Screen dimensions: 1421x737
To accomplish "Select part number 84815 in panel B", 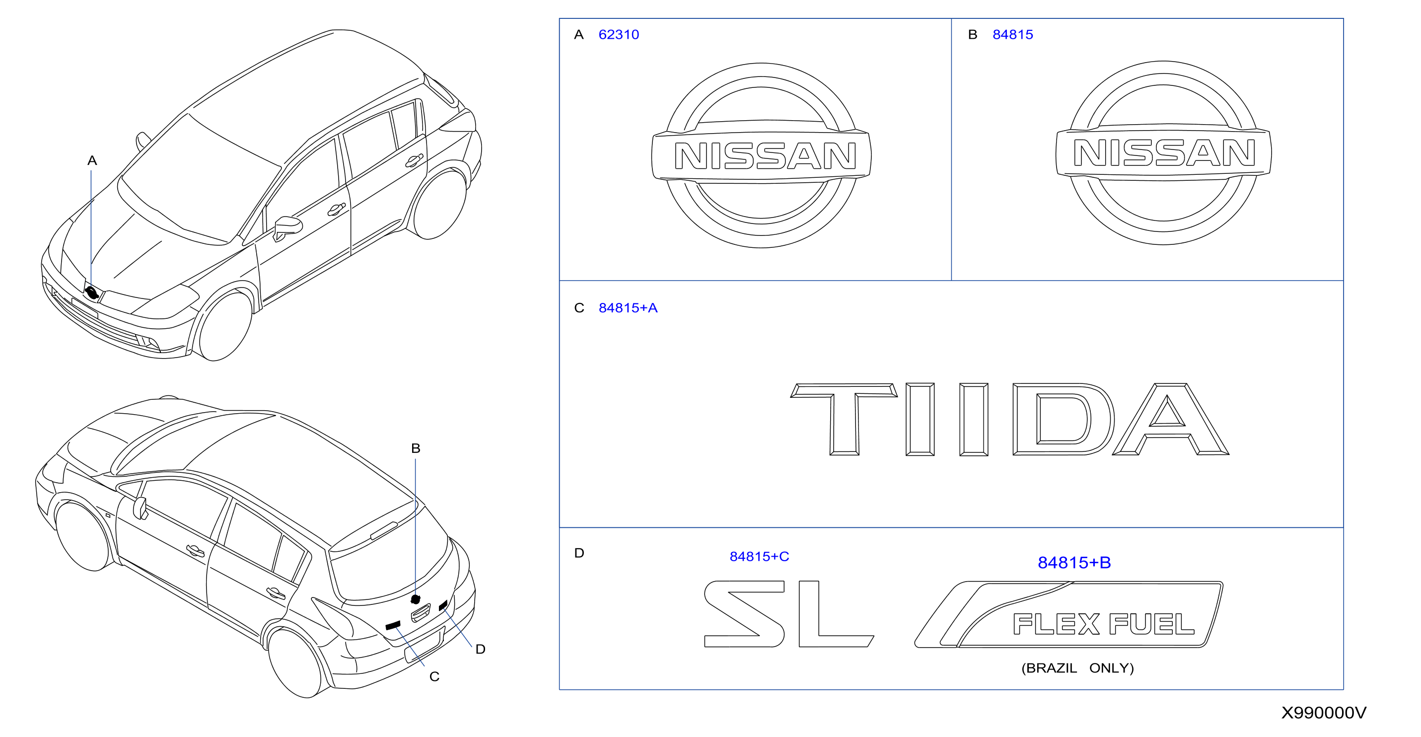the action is (1012, 35).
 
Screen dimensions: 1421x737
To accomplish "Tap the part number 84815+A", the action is (628, 308).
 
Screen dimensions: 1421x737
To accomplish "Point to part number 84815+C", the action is (759, 557).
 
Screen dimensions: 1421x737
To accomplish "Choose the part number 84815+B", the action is (1074, 563).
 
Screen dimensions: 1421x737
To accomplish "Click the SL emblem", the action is (789, 613).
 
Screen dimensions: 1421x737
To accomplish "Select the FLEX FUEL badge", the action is (1068, 614).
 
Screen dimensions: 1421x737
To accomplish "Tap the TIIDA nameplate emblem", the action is (1009, 419).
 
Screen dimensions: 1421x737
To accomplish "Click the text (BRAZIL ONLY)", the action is (1077, 668).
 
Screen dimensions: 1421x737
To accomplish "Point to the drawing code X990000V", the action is (1323, 713).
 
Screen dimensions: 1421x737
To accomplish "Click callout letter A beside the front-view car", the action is (92, 160).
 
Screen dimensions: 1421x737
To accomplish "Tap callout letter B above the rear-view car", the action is (416, 448).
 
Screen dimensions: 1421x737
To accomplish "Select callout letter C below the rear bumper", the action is (434, 677).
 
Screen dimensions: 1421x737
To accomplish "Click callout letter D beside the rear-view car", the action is (481, 649).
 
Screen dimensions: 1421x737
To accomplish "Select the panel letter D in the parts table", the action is (579, 553).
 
